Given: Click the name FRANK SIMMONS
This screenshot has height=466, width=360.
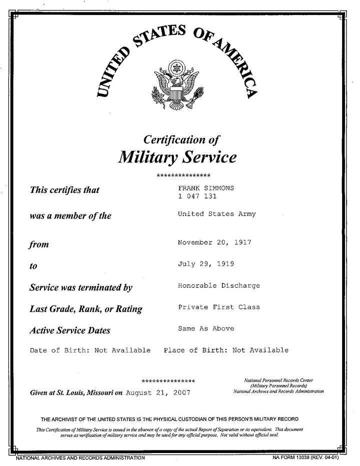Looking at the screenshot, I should coord(206,188).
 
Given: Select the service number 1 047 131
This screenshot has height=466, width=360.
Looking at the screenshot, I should coord(197,196).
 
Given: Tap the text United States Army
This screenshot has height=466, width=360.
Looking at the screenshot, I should coord(216,214).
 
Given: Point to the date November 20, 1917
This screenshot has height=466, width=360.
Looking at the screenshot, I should coord(214,242).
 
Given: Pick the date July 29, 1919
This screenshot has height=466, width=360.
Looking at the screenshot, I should coord(206,263).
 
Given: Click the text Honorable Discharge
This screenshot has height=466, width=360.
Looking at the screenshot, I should coord(218,286).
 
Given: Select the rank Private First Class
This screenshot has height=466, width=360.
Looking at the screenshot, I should coord(218,307).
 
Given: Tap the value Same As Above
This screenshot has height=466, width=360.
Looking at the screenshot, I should coord(205,329).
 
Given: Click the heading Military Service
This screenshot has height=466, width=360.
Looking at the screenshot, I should coord(177,157).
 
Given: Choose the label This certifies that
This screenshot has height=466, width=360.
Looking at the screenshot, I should coord(64,190).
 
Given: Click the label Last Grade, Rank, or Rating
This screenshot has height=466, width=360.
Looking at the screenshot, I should coord(86,309).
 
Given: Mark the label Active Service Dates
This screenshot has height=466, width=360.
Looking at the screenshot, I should coord(70,330).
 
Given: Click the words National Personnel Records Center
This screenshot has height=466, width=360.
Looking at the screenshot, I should coord(278,380).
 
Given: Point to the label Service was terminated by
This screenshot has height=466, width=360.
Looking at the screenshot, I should coord(81,288).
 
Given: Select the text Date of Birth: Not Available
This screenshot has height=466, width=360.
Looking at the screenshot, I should coord(90,350).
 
